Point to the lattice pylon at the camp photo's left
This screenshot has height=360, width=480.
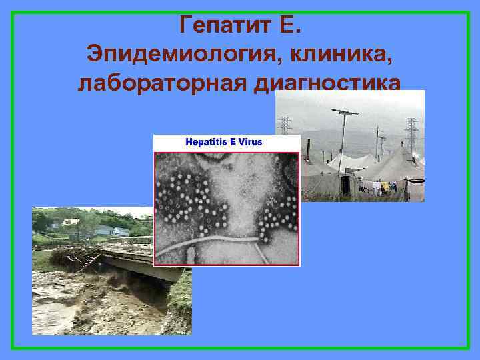coord(285,127)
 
